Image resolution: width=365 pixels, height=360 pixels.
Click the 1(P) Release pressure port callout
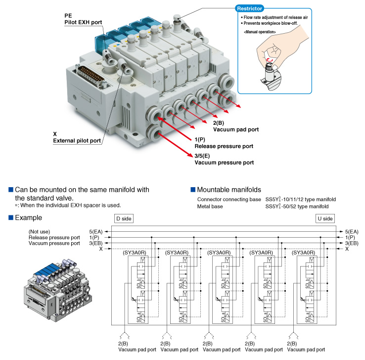coord(224,143)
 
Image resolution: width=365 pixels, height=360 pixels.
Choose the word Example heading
coord(28,218)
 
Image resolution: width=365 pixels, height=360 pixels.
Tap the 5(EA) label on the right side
coord(352,231)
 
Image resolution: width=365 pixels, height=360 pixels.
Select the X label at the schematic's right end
coord(347,249)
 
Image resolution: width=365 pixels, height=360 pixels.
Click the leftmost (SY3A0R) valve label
coord(135,253)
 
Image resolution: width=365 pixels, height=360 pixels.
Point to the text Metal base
coord(210,206)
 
